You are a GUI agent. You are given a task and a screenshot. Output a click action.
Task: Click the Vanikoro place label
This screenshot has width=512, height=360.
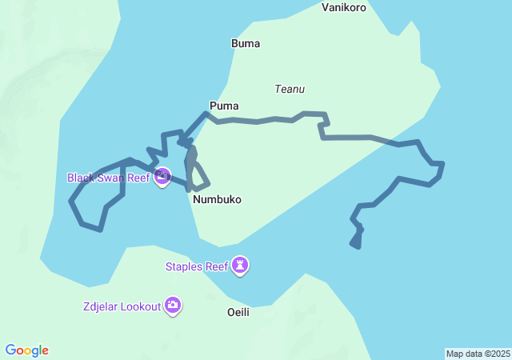[343, 8]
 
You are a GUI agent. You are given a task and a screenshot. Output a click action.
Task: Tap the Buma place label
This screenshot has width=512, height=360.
[245, 44]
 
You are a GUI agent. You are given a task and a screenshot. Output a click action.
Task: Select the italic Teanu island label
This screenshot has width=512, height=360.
[290, 90]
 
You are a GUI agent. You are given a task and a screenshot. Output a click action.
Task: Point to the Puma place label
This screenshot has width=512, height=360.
[224, 106]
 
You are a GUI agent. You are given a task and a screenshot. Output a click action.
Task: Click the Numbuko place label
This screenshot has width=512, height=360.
[217, 199]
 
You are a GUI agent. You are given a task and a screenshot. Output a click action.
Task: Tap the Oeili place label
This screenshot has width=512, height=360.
[238, 312]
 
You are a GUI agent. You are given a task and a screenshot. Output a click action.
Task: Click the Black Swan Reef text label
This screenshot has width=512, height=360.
[108, 178]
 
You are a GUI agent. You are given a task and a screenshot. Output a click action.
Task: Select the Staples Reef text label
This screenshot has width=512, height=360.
[197, 266]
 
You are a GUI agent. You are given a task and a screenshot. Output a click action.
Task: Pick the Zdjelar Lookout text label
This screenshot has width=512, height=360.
[120, 306]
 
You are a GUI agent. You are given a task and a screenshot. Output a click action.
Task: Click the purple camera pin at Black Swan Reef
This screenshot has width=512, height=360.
[162, 176]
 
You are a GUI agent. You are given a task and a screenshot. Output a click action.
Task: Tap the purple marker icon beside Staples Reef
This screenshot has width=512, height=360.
[240, 265]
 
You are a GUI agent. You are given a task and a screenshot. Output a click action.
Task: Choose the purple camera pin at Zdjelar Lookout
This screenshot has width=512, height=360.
[173, 305]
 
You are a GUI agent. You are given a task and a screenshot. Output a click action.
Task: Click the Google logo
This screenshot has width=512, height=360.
[27, 350]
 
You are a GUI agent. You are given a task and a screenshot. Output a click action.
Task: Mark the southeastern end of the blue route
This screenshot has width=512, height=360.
[354, 246]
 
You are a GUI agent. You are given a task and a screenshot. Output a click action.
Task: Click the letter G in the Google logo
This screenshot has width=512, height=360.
[11, 350]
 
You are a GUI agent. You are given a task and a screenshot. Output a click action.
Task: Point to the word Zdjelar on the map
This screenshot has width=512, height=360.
[100, 306]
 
